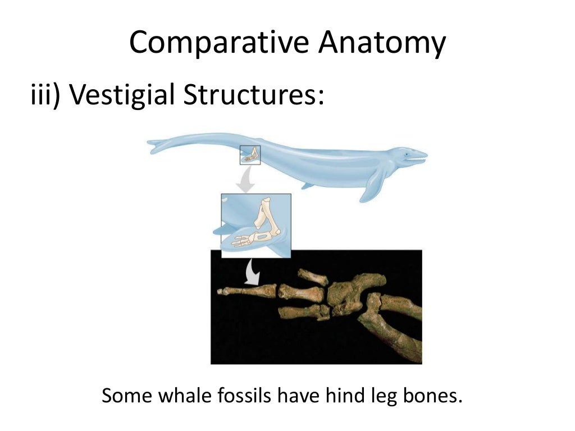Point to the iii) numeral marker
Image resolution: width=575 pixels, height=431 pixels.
coord(45,95)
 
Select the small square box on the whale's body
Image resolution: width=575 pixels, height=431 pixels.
coord(250,154)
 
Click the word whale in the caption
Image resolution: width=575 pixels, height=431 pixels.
coord(184,396)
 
